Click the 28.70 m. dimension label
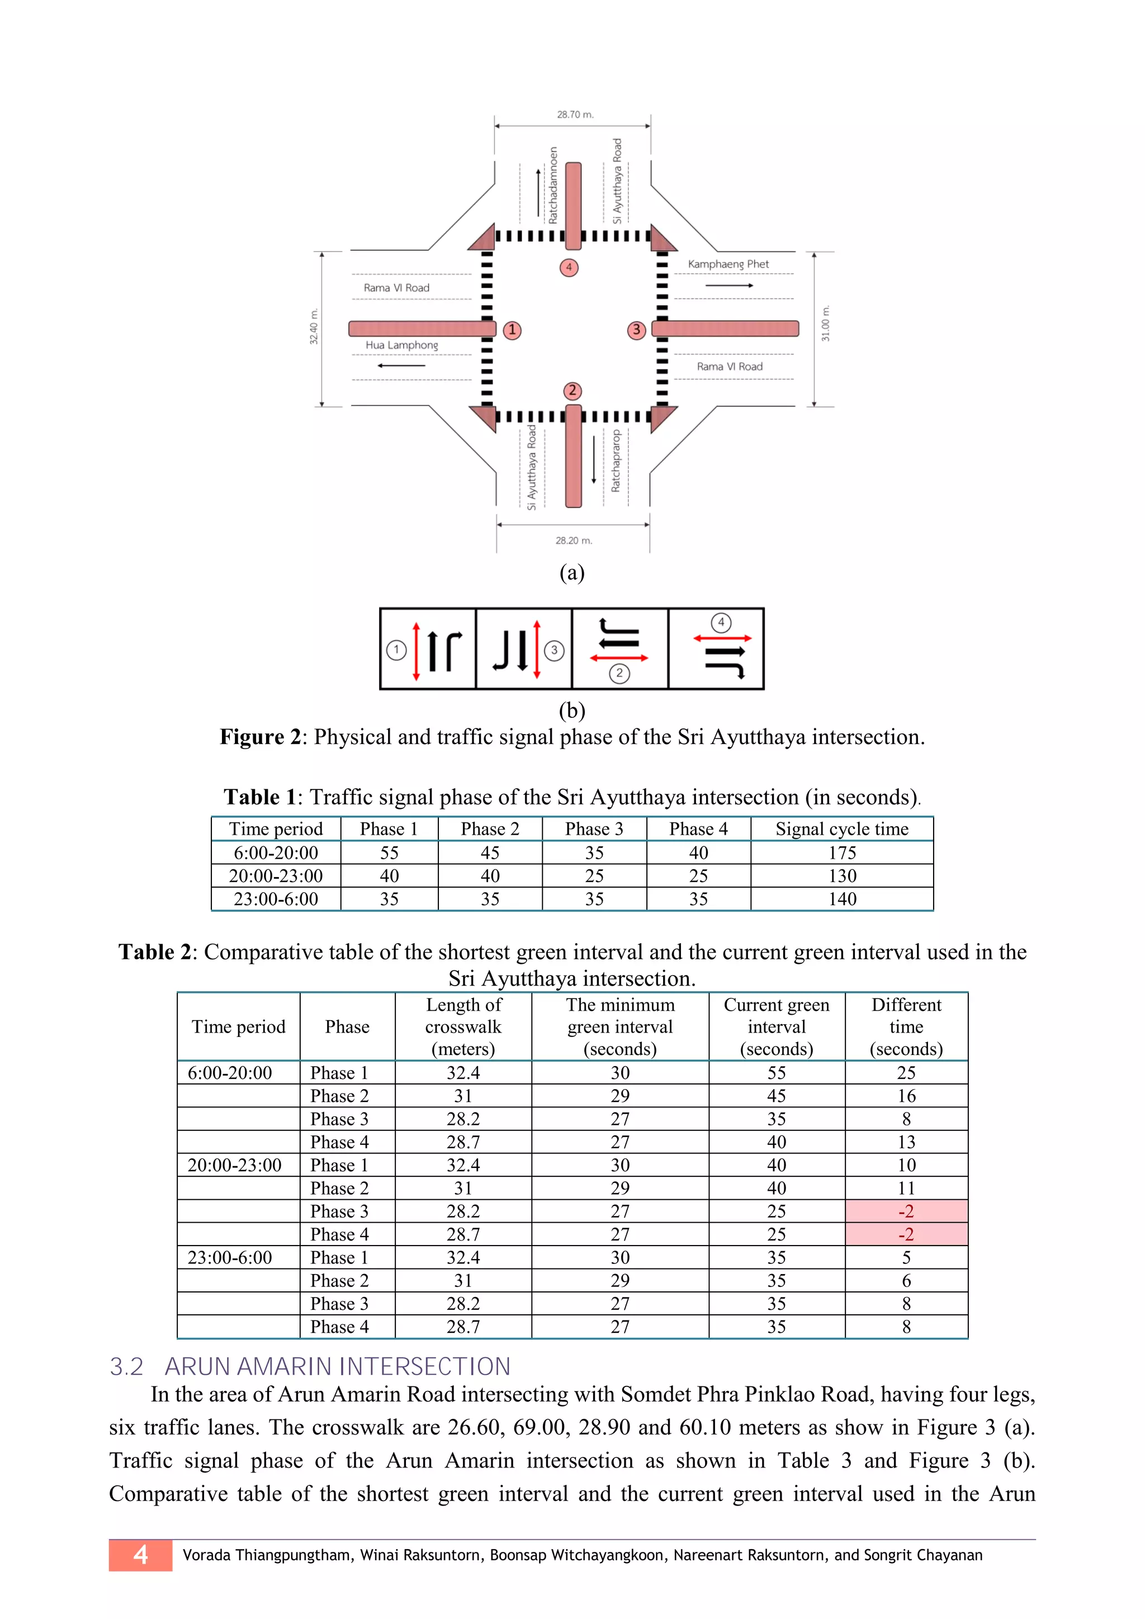(575, 114)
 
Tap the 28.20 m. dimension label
(573, 540)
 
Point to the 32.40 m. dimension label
(314, 326)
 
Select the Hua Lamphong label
(401, 345)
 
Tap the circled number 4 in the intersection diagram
(569, 268)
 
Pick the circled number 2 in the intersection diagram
(572, 391)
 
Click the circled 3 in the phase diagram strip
(554, 650)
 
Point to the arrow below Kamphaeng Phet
(729, 286)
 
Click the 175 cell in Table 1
(842, 853)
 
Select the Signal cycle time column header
(842, 829)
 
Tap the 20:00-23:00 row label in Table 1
(276, 876)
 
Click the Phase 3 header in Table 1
(594, 829)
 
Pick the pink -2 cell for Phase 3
(906, 1211)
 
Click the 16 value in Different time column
(906, 1096)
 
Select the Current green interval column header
(776, 1026)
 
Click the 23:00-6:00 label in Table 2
(230, 1257)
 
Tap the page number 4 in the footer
(140, 1554)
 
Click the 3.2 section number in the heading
(126, 1366)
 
